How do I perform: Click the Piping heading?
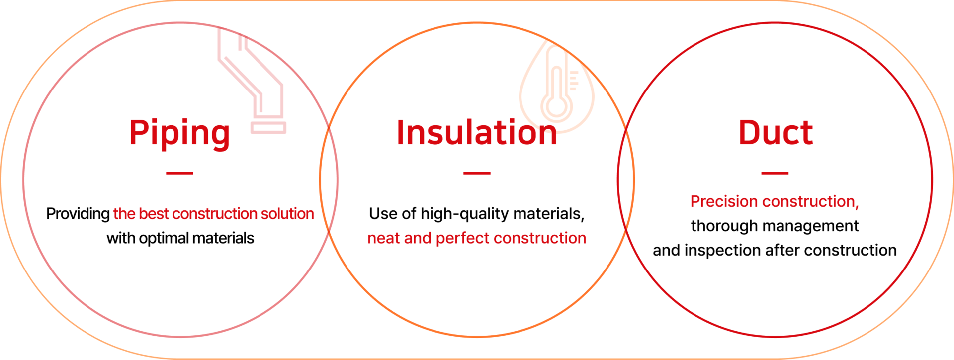point(179,133)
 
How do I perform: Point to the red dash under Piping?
point(179,173)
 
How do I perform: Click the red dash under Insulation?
point(477,173)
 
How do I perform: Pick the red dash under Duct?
point(775,173)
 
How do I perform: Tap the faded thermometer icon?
point(557,87)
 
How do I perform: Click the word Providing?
point(78,214)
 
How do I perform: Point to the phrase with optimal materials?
point(180,238)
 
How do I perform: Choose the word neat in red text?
point(383,238)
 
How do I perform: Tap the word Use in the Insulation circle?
point(383,214)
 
